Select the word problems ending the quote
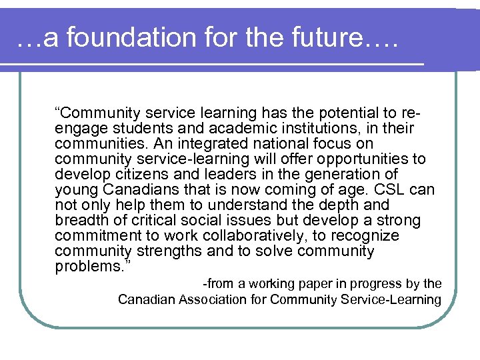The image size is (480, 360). pos(85,267)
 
